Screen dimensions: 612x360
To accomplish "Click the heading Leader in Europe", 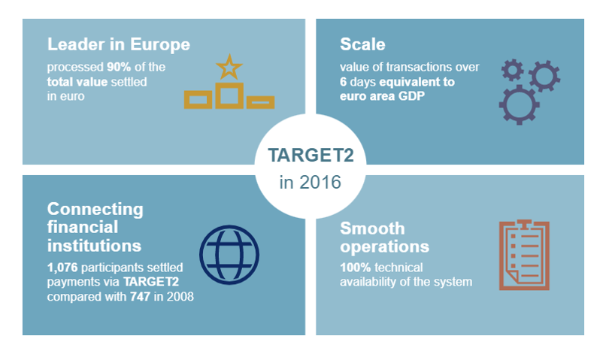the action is (x=119, y=44).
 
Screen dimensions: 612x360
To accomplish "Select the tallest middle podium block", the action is (x=229, y=95).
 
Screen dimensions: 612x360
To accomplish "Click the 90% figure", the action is (x=119, y=67).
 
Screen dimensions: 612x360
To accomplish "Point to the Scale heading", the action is (x=362, y=44).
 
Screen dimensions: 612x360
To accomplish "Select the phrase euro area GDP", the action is (x=382, y=96).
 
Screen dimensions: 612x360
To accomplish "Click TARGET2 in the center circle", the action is (x=311, y=156).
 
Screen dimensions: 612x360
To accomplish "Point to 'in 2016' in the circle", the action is (x=311, y=182).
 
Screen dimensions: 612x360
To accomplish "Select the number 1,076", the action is (x=62, y=268).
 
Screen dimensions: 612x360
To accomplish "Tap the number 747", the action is (x=140, y=297).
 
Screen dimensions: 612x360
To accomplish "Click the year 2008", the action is (x=180, y=297).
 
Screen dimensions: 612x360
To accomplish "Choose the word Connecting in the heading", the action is (x=95, y=210).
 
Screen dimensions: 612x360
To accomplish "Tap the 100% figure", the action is (x=355, y=268).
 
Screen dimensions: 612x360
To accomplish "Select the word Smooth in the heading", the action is (x=372, y=228).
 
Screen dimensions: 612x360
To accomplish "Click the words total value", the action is (x=77, y=82).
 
